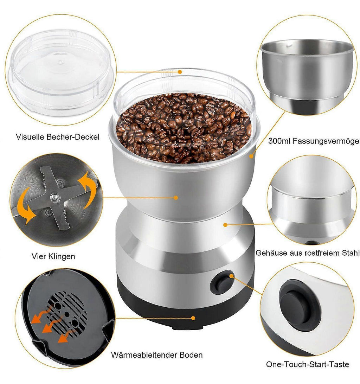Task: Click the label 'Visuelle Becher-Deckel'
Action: pos(58,137)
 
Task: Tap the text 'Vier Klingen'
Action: pos(53,256)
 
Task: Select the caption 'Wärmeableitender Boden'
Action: pos(157,355)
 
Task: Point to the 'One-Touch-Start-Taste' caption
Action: pos(308,364)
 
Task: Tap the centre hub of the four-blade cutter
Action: pos(54,197)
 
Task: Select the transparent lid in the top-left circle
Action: pos(60,72)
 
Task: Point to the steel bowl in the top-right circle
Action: pos(307,73)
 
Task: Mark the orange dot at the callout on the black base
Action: pos(193,318)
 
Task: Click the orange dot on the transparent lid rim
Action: pos(180,72)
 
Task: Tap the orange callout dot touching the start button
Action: pos(231,276)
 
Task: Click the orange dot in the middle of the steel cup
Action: pos(176,198)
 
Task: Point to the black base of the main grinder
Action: pos(184,311)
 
